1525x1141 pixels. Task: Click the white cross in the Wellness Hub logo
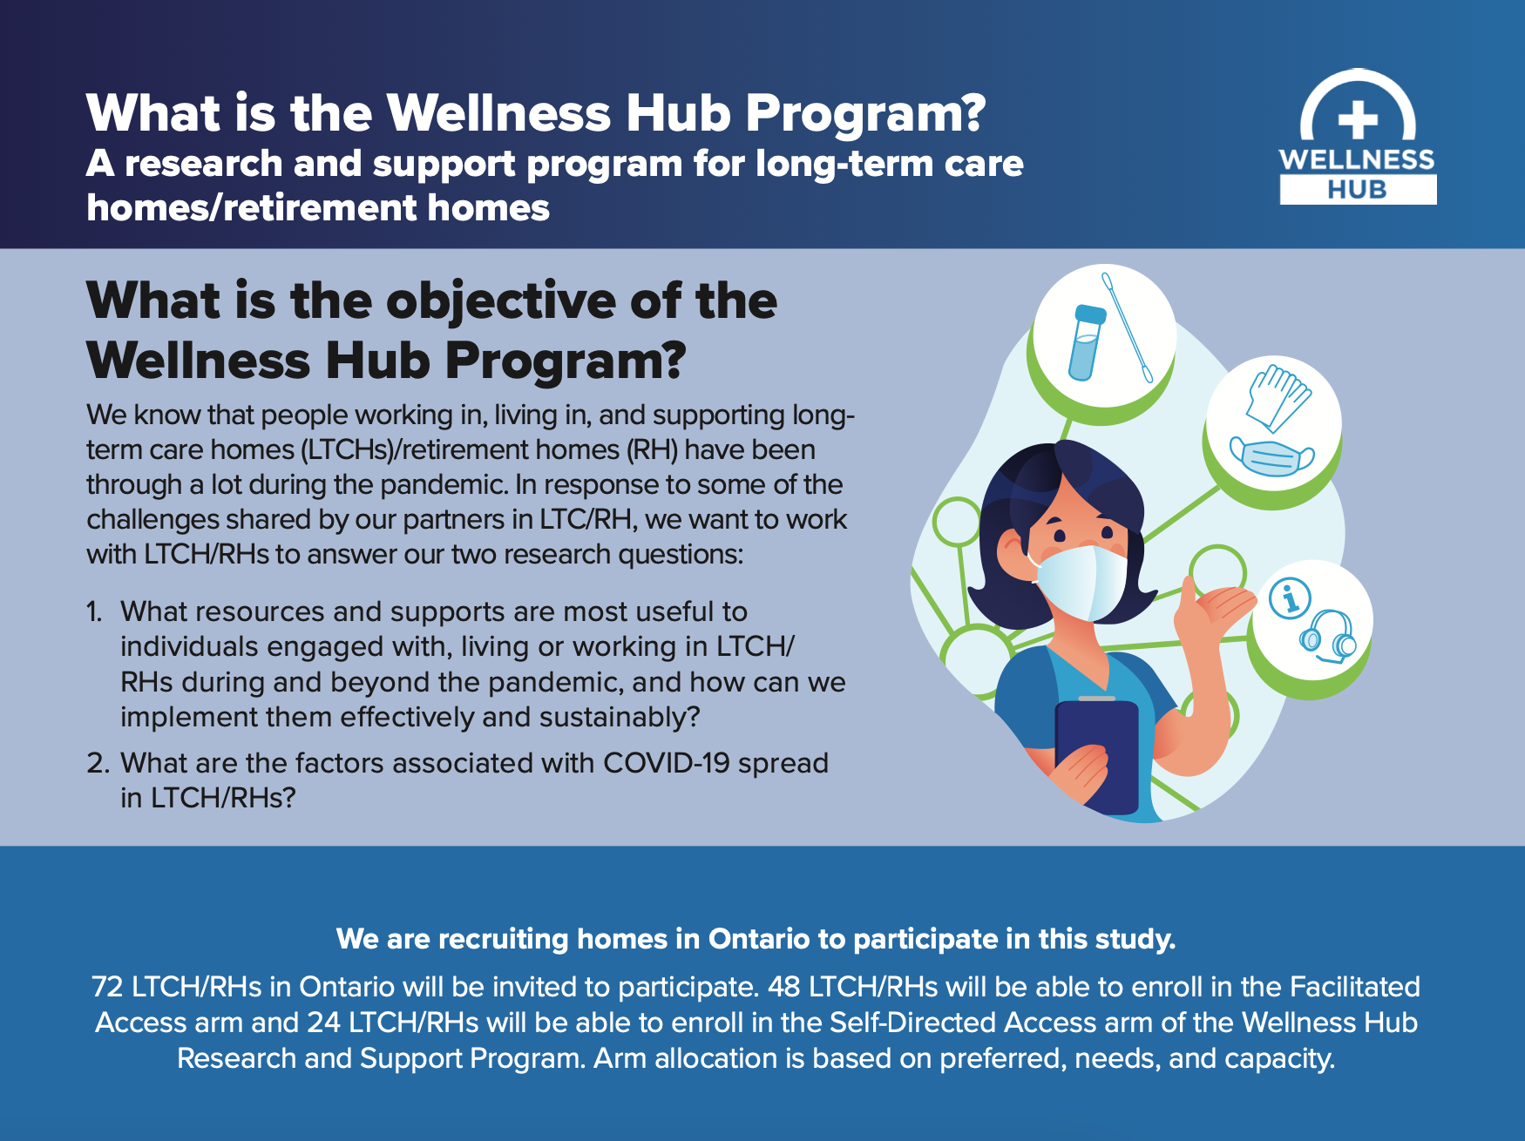[x=1358, y=120]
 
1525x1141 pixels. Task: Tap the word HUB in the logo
[x=1357, y=190]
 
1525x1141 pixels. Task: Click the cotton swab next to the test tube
[x=1128, y=328]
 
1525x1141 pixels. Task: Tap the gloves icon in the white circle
[x=1278, y=396]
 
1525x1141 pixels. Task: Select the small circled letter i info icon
[x=1290, y=598]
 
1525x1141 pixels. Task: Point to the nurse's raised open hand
[x=1215, y=606]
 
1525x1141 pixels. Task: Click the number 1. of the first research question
[x=95, y=612]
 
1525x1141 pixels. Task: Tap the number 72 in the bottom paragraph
[x=107, y=987]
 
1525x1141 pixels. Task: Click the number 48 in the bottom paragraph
[x=783, y=987]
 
